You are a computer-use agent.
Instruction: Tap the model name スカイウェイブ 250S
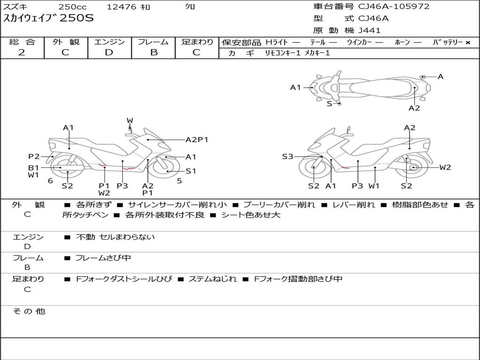point(49,18)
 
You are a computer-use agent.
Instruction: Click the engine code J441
point(369,30)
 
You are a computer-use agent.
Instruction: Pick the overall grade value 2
point(22,52)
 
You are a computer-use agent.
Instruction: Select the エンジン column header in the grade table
point(109,42)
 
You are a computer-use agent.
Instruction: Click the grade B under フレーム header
point(153,52)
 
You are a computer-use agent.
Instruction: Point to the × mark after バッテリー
point(467,43)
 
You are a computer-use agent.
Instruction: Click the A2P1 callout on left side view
point(197,140)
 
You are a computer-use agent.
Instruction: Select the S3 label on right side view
point(287,157)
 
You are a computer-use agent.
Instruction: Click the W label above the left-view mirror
point(130,121)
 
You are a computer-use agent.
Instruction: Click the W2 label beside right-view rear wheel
point(445,167)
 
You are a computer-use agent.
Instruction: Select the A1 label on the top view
point(295,87)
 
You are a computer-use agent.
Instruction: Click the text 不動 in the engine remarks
point(86,237)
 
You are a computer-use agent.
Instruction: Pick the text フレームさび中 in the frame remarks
point(104,258)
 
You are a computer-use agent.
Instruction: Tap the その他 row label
point(29,311)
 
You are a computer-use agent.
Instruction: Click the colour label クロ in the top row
point(190,7)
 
